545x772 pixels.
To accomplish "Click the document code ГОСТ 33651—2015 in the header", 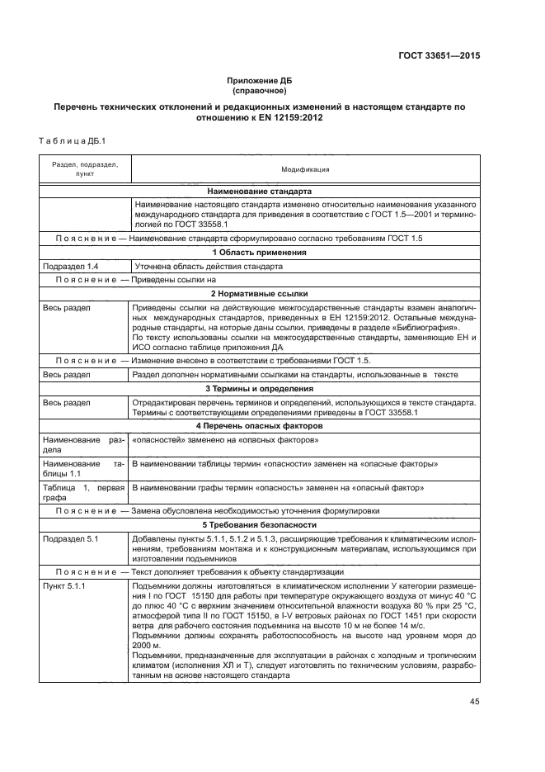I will (438, 56).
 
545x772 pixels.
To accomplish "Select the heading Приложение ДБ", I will (260, 80).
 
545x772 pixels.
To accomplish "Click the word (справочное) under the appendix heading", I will (260, 90).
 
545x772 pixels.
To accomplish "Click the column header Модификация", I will (305, 169).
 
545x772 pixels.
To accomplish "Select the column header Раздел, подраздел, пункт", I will (85, 169).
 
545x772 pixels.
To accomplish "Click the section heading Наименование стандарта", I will (260, 191).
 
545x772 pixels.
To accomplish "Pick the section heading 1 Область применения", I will (260, 252).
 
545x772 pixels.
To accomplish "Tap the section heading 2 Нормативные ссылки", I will (260, 293).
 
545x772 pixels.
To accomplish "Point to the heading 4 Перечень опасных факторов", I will (260, 425).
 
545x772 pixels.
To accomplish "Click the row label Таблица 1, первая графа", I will (82, 494).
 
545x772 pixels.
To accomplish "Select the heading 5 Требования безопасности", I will (260, 525).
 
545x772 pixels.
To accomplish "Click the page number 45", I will (473, 702).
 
